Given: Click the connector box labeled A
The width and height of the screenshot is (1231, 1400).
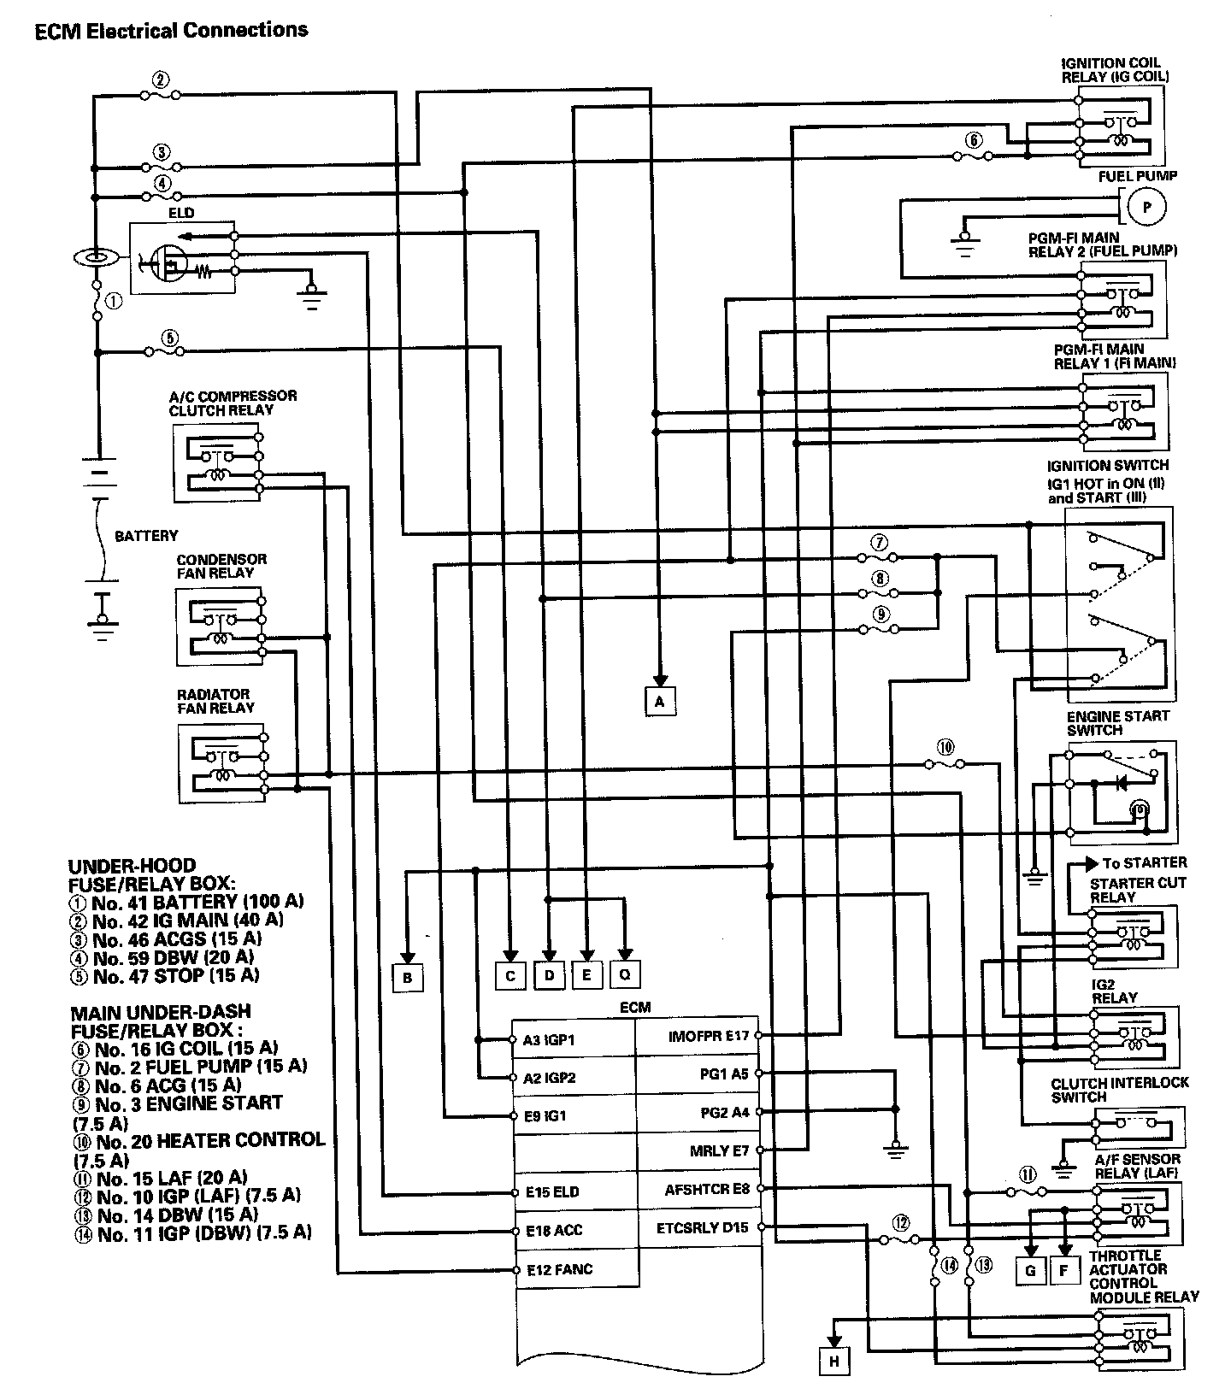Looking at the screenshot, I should [x=659, y=701].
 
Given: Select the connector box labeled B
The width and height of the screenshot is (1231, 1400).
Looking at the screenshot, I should [x=408, y=977].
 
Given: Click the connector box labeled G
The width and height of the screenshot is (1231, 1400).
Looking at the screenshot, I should [x=1030, y=1271].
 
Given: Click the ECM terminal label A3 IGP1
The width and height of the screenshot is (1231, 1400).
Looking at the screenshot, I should [x=549, y=1040].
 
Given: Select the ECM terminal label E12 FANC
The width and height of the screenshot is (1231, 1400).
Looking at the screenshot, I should [x=559, y=1270].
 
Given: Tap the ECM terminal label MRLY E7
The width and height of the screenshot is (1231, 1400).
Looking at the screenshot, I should [x=719, y=1150].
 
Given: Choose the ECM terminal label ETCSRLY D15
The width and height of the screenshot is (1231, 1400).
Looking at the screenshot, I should [x=702, y=1227].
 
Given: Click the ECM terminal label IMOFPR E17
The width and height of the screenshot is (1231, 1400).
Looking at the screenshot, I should [x=708, y=1036].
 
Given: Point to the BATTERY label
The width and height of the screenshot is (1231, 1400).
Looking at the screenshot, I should [x=146, y=536].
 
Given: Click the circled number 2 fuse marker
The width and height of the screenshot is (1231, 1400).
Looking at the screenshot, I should [x=159, y=79].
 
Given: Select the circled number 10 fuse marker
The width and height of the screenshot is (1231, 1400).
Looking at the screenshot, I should [x=945, y=746].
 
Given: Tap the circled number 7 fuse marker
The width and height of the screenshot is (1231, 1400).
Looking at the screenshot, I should [x=880, y=542].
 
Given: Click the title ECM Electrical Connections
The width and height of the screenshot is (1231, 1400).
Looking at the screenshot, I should [x=171, y=31].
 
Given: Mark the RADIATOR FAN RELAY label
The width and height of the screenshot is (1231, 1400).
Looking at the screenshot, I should [x=215, y=701].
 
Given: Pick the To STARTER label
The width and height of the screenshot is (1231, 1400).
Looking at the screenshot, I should [x=1144, y=862].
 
